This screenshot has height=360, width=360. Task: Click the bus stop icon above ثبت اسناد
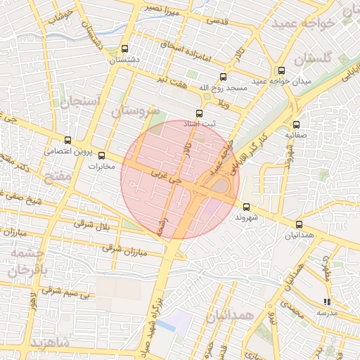point(199,113)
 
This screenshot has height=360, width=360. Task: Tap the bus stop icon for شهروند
point(246,207)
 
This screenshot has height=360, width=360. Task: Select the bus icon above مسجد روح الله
point(223,77)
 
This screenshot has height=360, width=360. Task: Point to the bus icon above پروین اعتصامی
point(67,140)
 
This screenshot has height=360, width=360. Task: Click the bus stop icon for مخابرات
point(101,155)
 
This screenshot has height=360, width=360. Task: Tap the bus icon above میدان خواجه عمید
point(281,70)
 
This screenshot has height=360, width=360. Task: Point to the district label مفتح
point(58,176)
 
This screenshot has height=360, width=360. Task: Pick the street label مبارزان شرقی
point(116,247)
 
